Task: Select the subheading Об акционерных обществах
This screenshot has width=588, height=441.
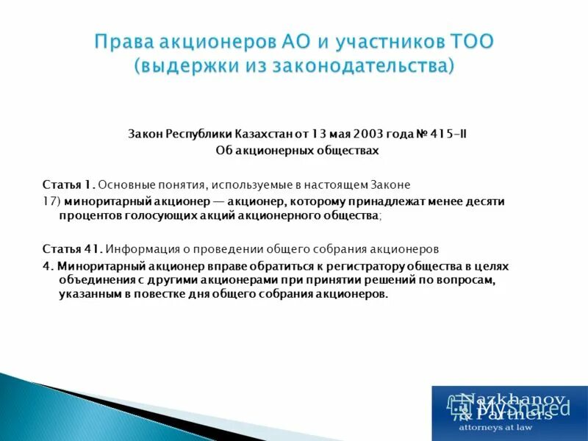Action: (x=297, y=151)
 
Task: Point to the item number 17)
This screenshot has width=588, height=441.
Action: (x=51, y=201)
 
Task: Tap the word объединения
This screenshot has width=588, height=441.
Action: (x=96, y=280)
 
